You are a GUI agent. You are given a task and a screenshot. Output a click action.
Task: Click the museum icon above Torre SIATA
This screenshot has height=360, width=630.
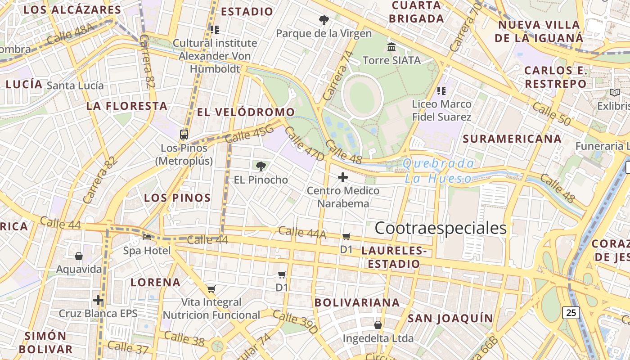click(391, 47)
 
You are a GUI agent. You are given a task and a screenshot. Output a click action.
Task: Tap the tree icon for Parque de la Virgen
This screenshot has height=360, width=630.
click(324, 20)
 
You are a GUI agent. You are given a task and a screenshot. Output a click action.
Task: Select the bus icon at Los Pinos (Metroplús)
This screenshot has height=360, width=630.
click(184, 134)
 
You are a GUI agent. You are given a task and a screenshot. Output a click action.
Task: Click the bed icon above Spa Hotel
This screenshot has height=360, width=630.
click(147, 237)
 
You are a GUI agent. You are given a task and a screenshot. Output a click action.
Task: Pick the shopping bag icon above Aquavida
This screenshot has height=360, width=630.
click(79, 256)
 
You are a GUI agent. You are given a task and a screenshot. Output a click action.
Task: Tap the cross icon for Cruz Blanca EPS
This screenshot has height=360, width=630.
click(98, 300)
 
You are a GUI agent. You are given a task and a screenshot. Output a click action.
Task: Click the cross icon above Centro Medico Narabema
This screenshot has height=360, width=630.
click(343, 177)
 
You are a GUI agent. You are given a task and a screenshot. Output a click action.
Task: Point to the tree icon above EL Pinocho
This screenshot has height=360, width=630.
click(261, 166)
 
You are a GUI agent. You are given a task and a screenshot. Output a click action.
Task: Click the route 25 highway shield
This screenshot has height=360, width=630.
click(571, 312)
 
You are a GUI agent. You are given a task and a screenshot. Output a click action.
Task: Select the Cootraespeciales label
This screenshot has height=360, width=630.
click(441, 228)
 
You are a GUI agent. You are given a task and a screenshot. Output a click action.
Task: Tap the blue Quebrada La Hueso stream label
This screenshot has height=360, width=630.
click(439, 171)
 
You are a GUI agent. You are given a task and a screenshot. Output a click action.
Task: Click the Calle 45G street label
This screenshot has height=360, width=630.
click(249, 134)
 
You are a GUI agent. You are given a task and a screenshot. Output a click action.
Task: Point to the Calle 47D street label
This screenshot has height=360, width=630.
click(304, 144)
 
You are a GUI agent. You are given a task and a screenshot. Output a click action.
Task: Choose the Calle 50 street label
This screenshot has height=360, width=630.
click(551, 114)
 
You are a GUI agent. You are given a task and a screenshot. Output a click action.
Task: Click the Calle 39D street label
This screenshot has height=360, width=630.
click(295, 322)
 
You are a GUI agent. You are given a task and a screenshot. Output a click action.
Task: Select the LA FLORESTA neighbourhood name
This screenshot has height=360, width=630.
click(127, 106)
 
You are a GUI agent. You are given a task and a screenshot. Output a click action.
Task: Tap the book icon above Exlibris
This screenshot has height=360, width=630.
click(614, 93)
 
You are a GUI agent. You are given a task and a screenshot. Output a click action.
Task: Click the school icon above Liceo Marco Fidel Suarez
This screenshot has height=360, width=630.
click(441, 91)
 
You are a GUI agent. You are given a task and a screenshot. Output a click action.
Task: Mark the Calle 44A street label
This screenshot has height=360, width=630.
click(302, 232)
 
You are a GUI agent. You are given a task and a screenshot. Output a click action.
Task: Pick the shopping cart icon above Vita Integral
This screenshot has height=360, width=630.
click(211, 289)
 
